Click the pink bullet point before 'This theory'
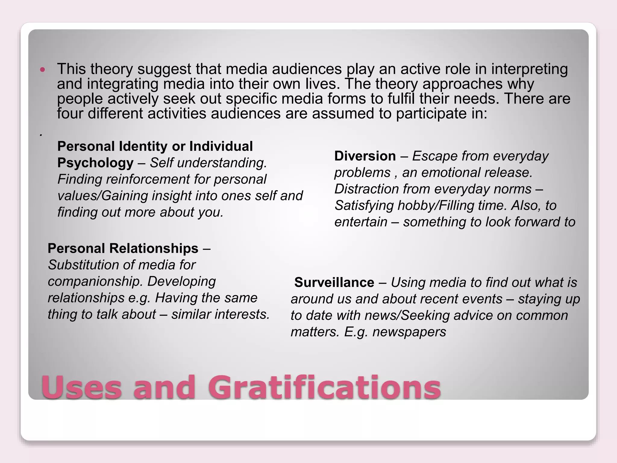(x=42, y=70)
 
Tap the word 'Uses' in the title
(x=82, y=387)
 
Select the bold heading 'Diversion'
(x=365, y=156)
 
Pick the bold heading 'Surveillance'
(x=334, y=282)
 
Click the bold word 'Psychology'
(x=95, y=163)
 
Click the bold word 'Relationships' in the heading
(x=154, y=249)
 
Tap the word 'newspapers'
(x=409, y=332)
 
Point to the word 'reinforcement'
(x=147, y=179)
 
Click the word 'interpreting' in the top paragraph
(x=529, y=69)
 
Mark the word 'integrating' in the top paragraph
(x=122, y=84)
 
